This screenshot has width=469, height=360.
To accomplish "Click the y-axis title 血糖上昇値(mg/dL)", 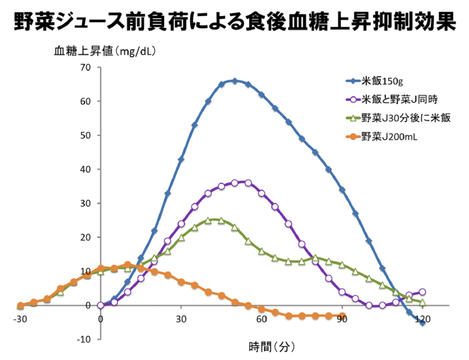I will tap(107, 50).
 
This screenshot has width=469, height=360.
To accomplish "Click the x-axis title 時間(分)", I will tap(271, 347).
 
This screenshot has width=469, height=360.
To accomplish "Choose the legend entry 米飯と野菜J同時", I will tap(401, 100).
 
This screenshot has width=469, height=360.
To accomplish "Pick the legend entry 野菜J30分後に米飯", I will tap(405, 118).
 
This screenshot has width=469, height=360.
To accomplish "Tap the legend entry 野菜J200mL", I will tap(389, 137).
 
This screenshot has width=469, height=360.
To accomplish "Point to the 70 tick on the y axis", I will tap(84, 68).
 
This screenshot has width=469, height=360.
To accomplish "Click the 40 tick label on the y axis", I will tap(84, 170).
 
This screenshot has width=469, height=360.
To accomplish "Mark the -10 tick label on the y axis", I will tap(83, 339).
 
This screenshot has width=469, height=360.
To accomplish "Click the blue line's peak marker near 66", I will tap(234, 81).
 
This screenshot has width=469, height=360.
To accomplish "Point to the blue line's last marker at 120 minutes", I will tap(422, 322).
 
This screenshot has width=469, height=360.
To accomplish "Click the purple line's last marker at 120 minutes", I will tap(422, 292).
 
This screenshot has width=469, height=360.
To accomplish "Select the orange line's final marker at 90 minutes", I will tap(342, 316).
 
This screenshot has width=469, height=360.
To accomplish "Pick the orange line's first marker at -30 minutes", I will tap(20, 306).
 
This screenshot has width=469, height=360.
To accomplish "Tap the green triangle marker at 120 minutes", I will tap(422, 302).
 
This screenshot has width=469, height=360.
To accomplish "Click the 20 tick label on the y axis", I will tap(84, 237).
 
